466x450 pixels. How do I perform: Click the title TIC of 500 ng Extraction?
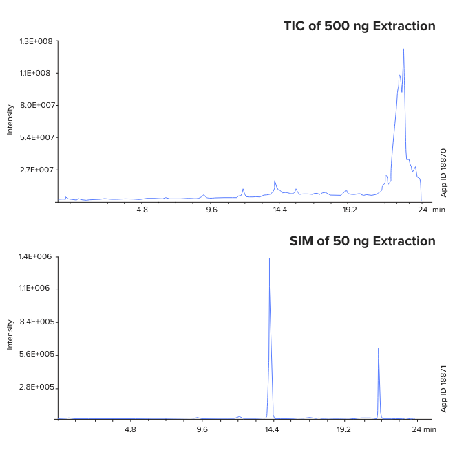click(x=359, y=26)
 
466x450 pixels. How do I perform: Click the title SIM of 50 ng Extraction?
click(x=362, y=241)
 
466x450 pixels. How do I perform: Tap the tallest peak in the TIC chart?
click(x=403, y=49)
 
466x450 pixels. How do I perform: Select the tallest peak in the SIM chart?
click(x=269, y=259)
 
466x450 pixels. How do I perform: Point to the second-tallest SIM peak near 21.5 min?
click(x=379, y=349)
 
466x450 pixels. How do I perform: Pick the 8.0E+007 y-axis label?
click(x=38, y=105)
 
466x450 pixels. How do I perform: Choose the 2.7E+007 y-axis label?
click(x=38, y=170)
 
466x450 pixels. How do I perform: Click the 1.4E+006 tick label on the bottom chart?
click(x=38, y=256)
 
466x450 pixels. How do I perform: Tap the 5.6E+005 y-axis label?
click(x=38, y=355)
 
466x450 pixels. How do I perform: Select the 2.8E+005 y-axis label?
click(x=38, y=387)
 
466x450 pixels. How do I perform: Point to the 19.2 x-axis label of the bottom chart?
click(x=343, y=429)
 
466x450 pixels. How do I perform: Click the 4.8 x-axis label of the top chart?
click(x=142, y=210)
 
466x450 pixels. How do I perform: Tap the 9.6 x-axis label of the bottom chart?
click(x=202, y=429)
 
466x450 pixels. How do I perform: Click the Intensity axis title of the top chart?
click(x=10, y=120)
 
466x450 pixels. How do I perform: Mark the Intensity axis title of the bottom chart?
click(x=10, y=335)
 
